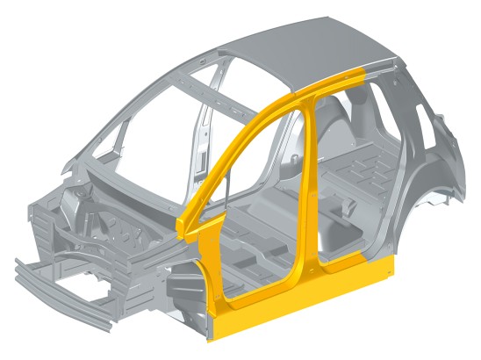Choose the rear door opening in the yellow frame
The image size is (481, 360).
[347, 176]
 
